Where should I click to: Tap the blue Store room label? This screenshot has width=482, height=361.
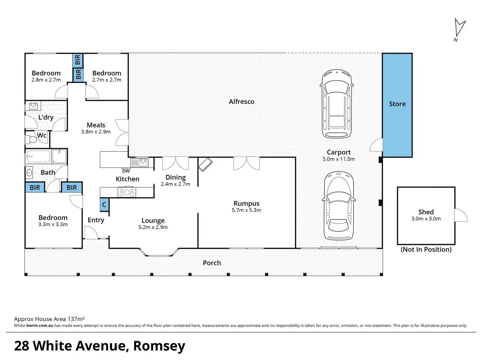pos(397,104)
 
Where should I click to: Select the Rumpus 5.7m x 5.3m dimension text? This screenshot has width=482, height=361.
pos(246,210)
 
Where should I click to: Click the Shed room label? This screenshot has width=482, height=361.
pos(426,212)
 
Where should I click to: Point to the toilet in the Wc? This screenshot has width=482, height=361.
pos(31,139)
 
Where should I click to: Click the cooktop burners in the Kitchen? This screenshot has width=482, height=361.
pos(127,193)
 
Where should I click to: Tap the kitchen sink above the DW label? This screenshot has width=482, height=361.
pos(139,163)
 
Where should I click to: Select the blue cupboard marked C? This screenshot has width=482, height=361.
pos(104,205)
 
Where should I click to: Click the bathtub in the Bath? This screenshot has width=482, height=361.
pos(38,156)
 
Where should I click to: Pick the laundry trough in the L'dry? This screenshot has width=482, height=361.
pos(33,106)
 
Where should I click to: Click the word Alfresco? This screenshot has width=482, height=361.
pos(242,102)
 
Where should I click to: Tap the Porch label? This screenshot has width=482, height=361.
pos(212,263)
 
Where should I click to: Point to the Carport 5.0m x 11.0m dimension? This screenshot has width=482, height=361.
pos(339,159)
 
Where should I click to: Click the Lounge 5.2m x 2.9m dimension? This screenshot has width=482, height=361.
pos(153,227)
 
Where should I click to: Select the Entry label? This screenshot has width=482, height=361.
pos(96,220)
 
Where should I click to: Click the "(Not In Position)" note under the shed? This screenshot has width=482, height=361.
pos(426,249)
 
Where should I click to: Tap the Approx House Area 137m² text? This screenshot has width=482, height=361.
pos(49,319)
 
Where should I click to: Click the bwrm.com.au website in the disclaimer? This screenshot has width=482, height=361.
pos(40,325)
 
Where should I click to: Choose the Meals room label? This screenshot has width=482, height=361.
pos(96,125)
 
